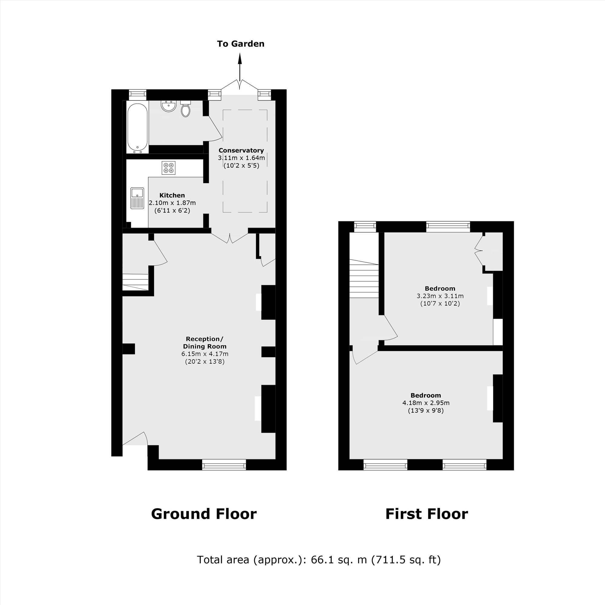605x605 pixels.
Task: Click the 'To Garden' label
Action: (240, 44)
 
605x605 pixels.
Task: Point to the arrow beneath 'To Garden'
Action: (240, 67)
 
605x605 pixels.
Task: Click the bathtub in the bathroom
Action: (137, 127)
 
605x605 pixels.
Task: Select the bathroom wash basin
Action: (169, 106)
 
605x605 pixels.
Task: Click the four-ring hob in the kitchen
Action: (168, 168)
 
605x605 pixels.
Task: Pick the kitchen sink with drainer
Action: (137, 198)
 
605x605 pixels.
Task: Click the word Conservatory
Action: (241, 150)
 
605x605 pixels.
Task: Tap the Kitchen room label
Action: (172, 195)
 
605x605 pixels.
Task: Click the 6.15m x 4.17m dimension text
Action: (205, 354)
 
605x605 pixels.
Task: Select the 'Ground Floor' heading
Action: (204, 514)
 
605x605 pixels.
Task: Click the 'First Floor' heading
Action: (426, 514)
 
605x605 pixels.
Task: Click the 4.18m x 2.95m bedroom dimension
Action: (426, 403)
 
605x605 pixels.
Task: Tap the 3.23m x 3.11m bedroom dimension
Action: (440, 296)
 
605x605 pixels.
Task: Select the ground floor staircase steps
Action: (135, 282)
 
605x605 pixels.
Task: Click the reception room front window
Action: (224, 465)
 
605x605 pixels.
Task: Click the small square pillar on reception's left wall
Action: (128, 349)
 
